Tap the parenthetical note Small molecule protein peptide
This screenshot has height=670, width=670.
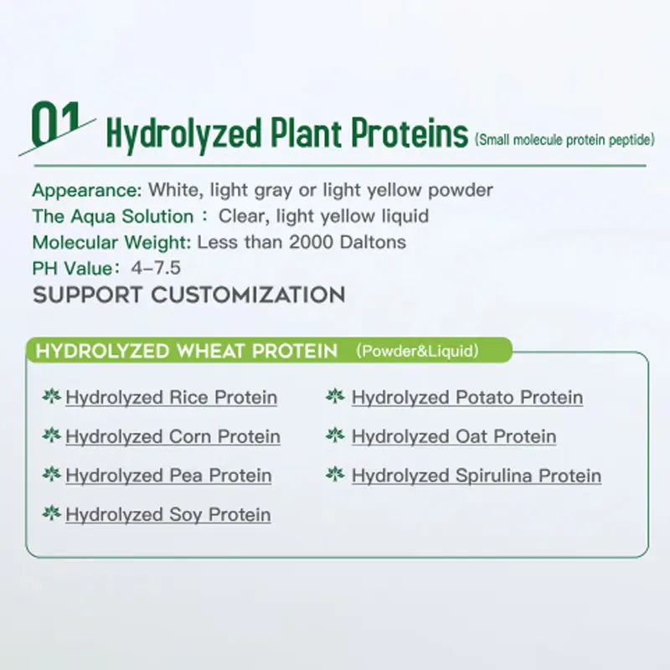564,140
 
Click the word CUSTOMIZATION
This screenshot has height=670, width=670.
248,295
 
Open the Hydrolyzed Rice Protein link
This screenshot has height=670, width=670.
171,397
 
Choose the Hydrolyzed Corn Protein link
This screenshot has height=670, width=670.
173,436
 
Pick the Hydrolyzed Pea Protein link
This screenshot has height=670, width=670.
168,476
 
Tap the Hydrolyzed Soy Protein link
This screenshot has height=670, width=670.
167,514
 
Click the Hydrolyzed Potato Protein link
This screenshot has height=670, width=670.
467,397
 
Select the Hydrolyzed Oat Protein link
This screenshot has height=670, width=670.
453,436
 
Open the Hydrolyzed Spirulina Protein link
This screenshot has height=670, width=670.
476,476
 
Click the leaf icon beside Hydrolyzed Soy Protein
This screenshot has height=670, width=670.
51,513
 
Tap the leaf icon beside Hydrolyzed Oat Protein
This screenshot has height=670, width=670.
335,435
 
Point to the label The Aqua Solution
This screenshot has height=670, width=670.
112,216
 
